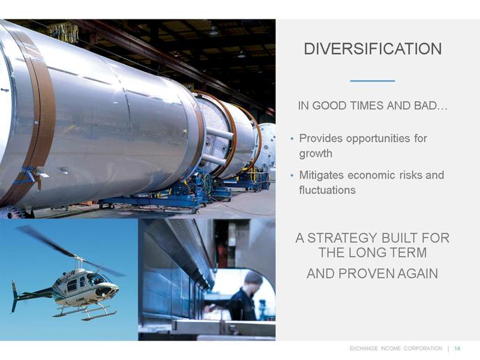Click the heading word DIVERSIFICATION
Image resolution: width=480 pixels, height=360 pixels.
373,49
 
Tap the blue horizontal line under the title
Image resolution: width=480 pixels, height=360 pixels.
373,81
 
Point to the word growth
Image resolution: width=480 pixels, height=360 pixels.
315,153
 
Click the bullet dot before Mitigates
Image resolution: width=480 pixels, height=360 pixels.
292,175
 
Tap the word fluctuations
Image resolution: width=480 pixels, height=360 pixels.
327,190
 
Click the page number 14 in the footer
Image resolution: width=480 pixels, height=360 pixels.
457,348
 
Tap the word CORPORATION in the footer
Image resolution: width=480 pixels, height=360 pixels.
423,348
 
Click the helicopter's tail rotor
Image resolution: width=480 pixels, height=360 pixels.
14,297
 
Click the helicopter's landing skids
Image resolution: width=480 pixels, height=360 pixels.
84,313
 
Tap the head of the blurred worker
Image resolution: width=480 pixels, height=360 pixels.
253,279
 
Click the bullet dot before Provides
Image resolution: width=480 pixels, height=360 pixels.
292,139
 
